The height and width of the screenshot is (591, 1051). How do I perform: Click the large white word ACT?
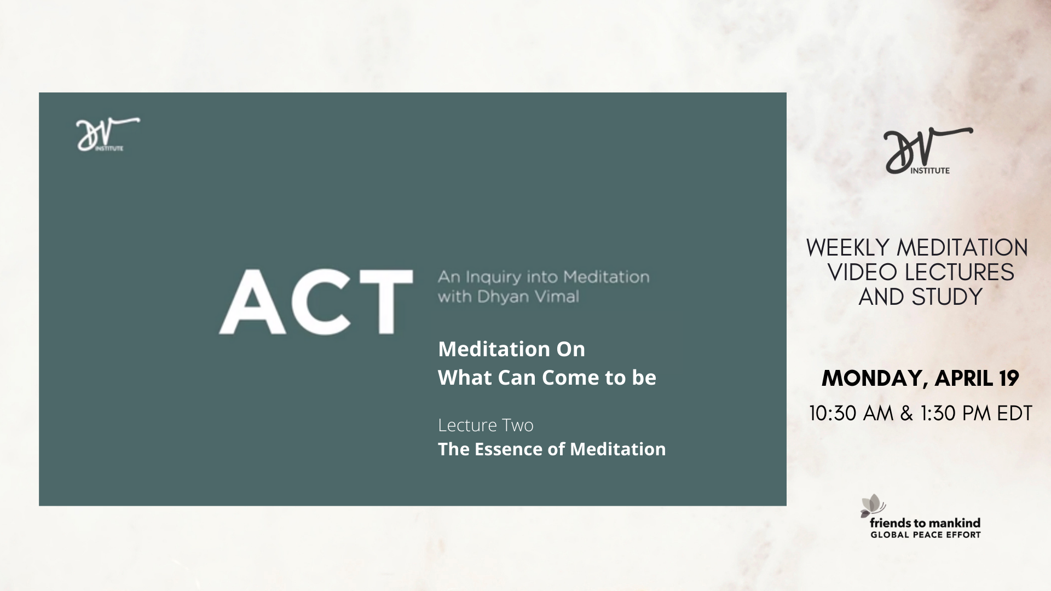[x=316, y=302]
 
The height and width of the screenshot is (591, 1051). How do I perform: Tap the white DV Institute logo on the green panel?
[x=108, y=134]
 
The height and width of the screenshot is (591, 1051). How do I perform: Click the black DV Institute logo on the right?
[x=928, y=150]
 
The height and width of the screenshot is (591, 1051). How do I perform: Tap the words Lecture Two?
[x=486, y=425]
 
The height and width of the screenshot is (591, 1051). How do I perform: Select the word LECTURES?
[x=959, y=272]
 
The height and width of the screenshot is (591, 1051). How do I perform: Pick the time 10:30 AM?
[x=851, y=413]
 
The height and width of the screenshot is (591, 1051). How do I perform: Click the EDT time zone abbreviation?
[x=1014, y=413]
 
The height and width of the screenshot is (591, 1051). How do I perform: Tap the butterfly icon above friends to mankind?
[x=872, y=505]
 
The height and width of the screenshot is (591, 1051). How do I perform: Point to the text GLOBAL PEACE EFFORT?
[x=926, y=535]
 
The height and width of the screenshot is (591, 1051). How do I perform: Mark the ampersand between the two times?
[x=906, y=413]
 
